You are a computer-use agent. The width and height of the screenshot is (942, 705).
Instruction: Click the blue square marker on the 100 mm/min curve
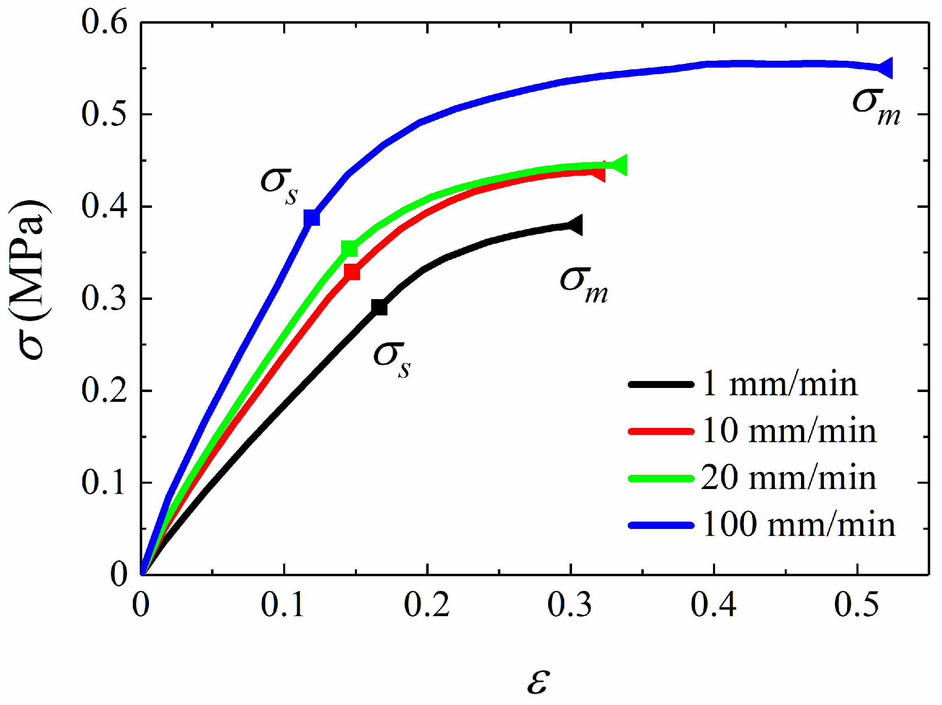312,218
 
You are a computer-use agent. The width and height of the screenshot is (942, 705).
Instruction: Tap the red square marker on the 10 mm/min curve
352,272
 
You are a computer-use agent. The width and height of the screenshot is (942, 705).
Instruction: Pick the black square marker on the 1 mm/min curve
379,307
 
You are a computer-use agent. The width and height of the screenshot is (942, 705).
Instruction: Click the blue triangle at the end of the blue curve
886,68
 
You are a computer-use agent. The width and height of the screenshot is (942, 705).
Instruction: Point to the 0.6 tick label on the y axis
104,22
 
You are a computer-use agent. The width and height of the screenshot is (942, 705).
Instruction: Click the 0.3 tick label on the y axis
104,298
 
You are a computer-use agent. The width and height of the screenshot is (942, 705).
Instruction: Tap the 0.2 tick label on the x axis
427,605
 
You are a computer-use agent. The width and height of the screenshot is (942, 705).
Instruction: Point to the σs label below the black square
392,360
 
